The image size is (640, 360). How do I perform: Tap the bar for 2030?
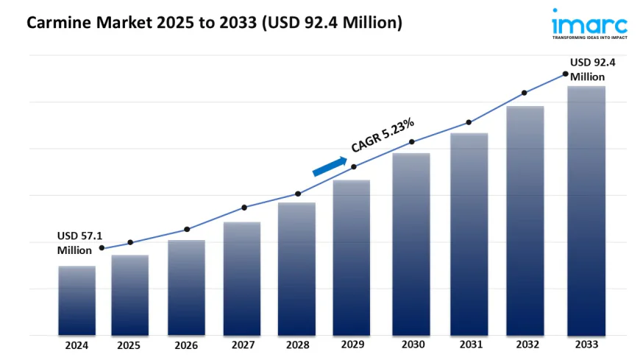pos(410,244)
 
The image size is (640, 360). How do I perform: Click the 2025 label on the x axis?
pos(129,345)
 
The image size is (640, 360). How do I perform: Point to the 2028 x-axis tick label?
pos(296,345)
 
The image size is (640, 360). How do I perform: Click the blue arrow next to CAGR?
pos(330,166)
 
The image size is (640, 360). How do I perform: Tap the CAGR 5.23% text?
pos(383,135)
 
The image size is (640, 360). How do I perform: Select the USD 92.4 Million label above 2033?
pos(591,69)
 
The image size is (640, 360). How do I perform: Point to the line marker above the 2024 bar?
pos(102,248)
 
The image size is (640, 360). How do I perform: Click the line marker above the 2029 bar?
pos(354,167)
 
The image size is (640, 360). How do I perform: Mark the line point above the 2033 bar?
pos(565,74)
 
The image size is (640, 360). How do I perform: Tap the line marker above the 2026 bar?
pos(187,229)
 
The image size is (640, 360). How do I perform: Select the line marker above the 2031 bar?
pos(468,122)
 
